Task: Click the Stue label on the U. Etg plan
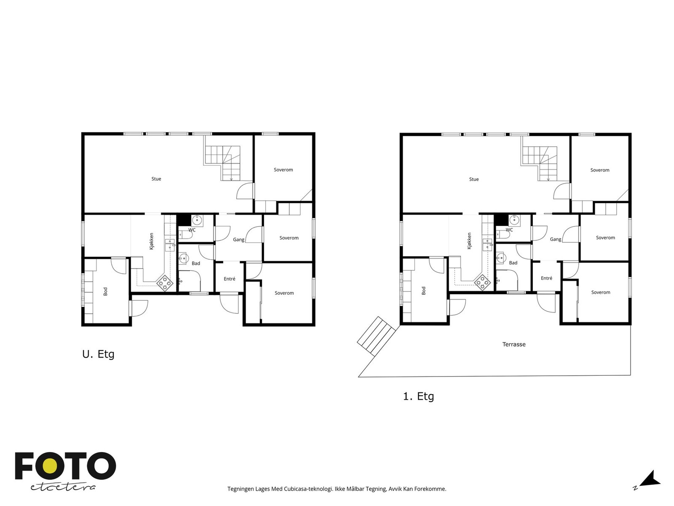[x=156, y=179]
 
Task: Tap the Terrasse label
[x=514, y=345]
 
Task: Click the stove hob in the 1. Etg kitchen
[x=482, y=283]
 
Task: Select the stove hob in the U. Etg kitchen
[x=165, y=283]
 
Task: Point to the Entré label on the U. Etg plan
[x=230, y=279]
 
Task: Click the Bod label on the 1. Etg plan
[x=423, y=291]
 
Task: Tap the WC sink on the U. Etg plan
[x=197, y=220]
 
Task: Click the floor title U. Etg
[x=98, y=354]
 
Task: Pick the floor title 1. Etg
[x=418, y=396]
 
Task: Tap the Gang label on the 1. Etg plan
[x=555, y=239]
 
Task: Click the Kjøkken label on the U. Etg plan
[x=151, y=241]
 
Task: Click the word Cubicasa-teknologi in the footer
[x=308, y=489]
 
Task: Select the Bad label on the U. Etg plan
[x=195, y=263]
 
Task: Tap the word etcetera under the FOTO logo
[x=63, y=487]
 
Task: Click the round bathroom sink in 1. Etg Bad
[x=501, y=258]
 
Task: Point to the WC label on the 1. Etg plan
[x=509, y=230]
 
